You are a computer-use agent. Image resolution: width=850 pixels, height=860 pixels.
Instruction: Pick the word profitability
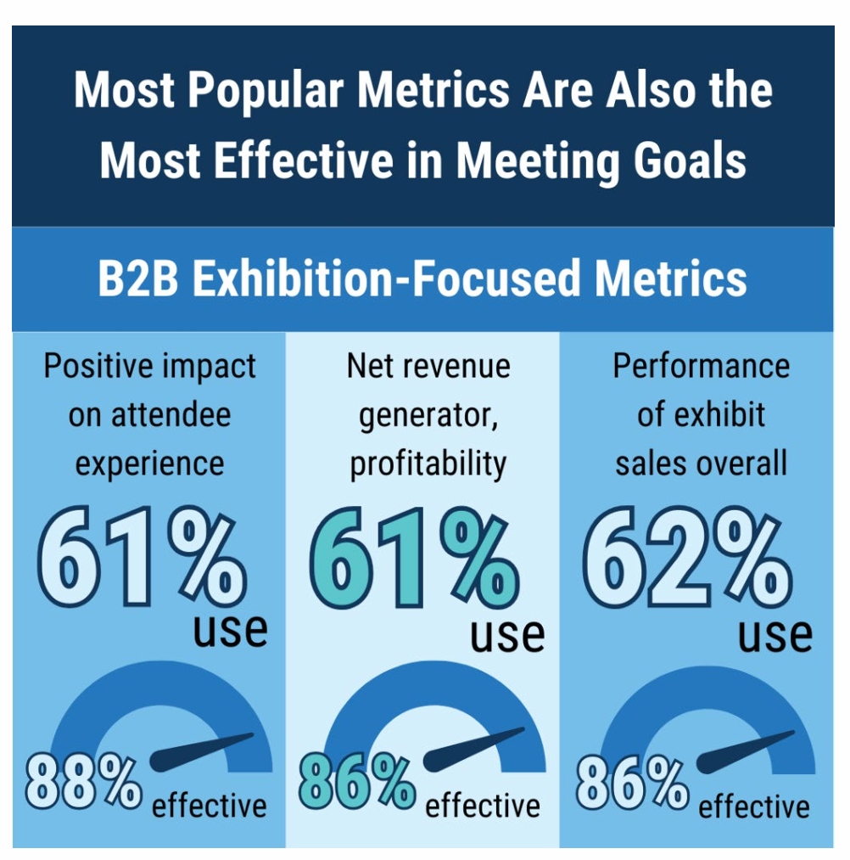[428, 464]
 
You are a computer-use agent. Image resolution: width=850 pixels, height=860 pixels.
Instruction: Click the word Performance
[701, 366]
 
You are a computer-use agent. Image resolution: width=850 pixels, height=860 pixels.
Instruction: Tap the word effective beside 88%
[209, 805]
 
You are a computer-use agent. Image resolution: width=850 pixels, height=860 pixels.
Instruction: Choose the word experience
[150, 464]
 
